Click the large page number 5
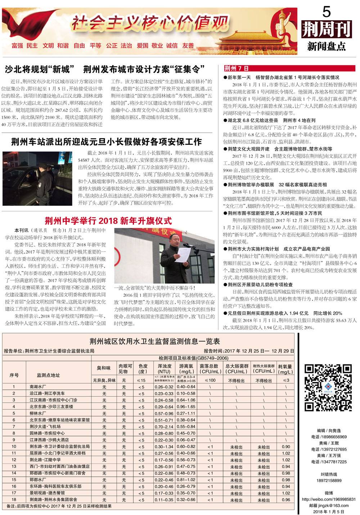click(x=327, y=13)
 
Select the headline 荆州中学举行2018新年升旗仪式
click(x=108, y=221)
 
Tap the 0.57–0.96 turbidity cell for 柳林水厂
click(x=164, y=413)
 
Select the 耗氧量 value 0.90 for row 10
click(x=286, y=447)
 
